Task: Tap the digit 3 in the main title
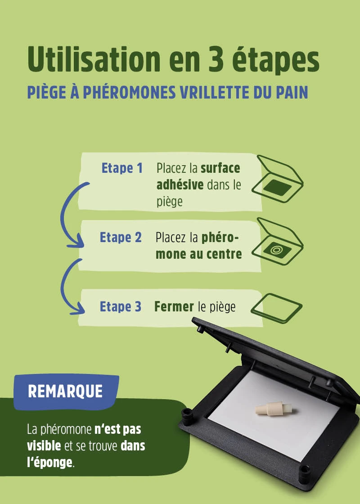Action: [x=216, y=60]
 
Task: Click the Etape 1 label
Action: [x=122, y=168]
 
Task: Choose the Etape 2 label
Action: [x=121, y=238]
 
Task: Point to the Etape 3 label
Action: [x=121, y=306]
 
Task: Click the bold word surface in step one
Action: [x=220, y=168]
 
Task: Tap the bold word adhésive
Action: [x=180, y=185]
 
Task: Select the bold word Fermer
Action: [x=174, y=306]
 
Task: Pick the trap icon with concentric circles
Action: [x=278, y=242]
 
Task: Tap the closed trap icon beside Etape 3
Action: [x=276, y=308]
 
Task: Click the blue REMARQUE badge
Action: [x=66, y=391]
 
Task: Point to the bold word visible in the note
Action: [x=44, y=446]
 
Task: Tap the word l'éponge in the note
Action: [x=50, y=463]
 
